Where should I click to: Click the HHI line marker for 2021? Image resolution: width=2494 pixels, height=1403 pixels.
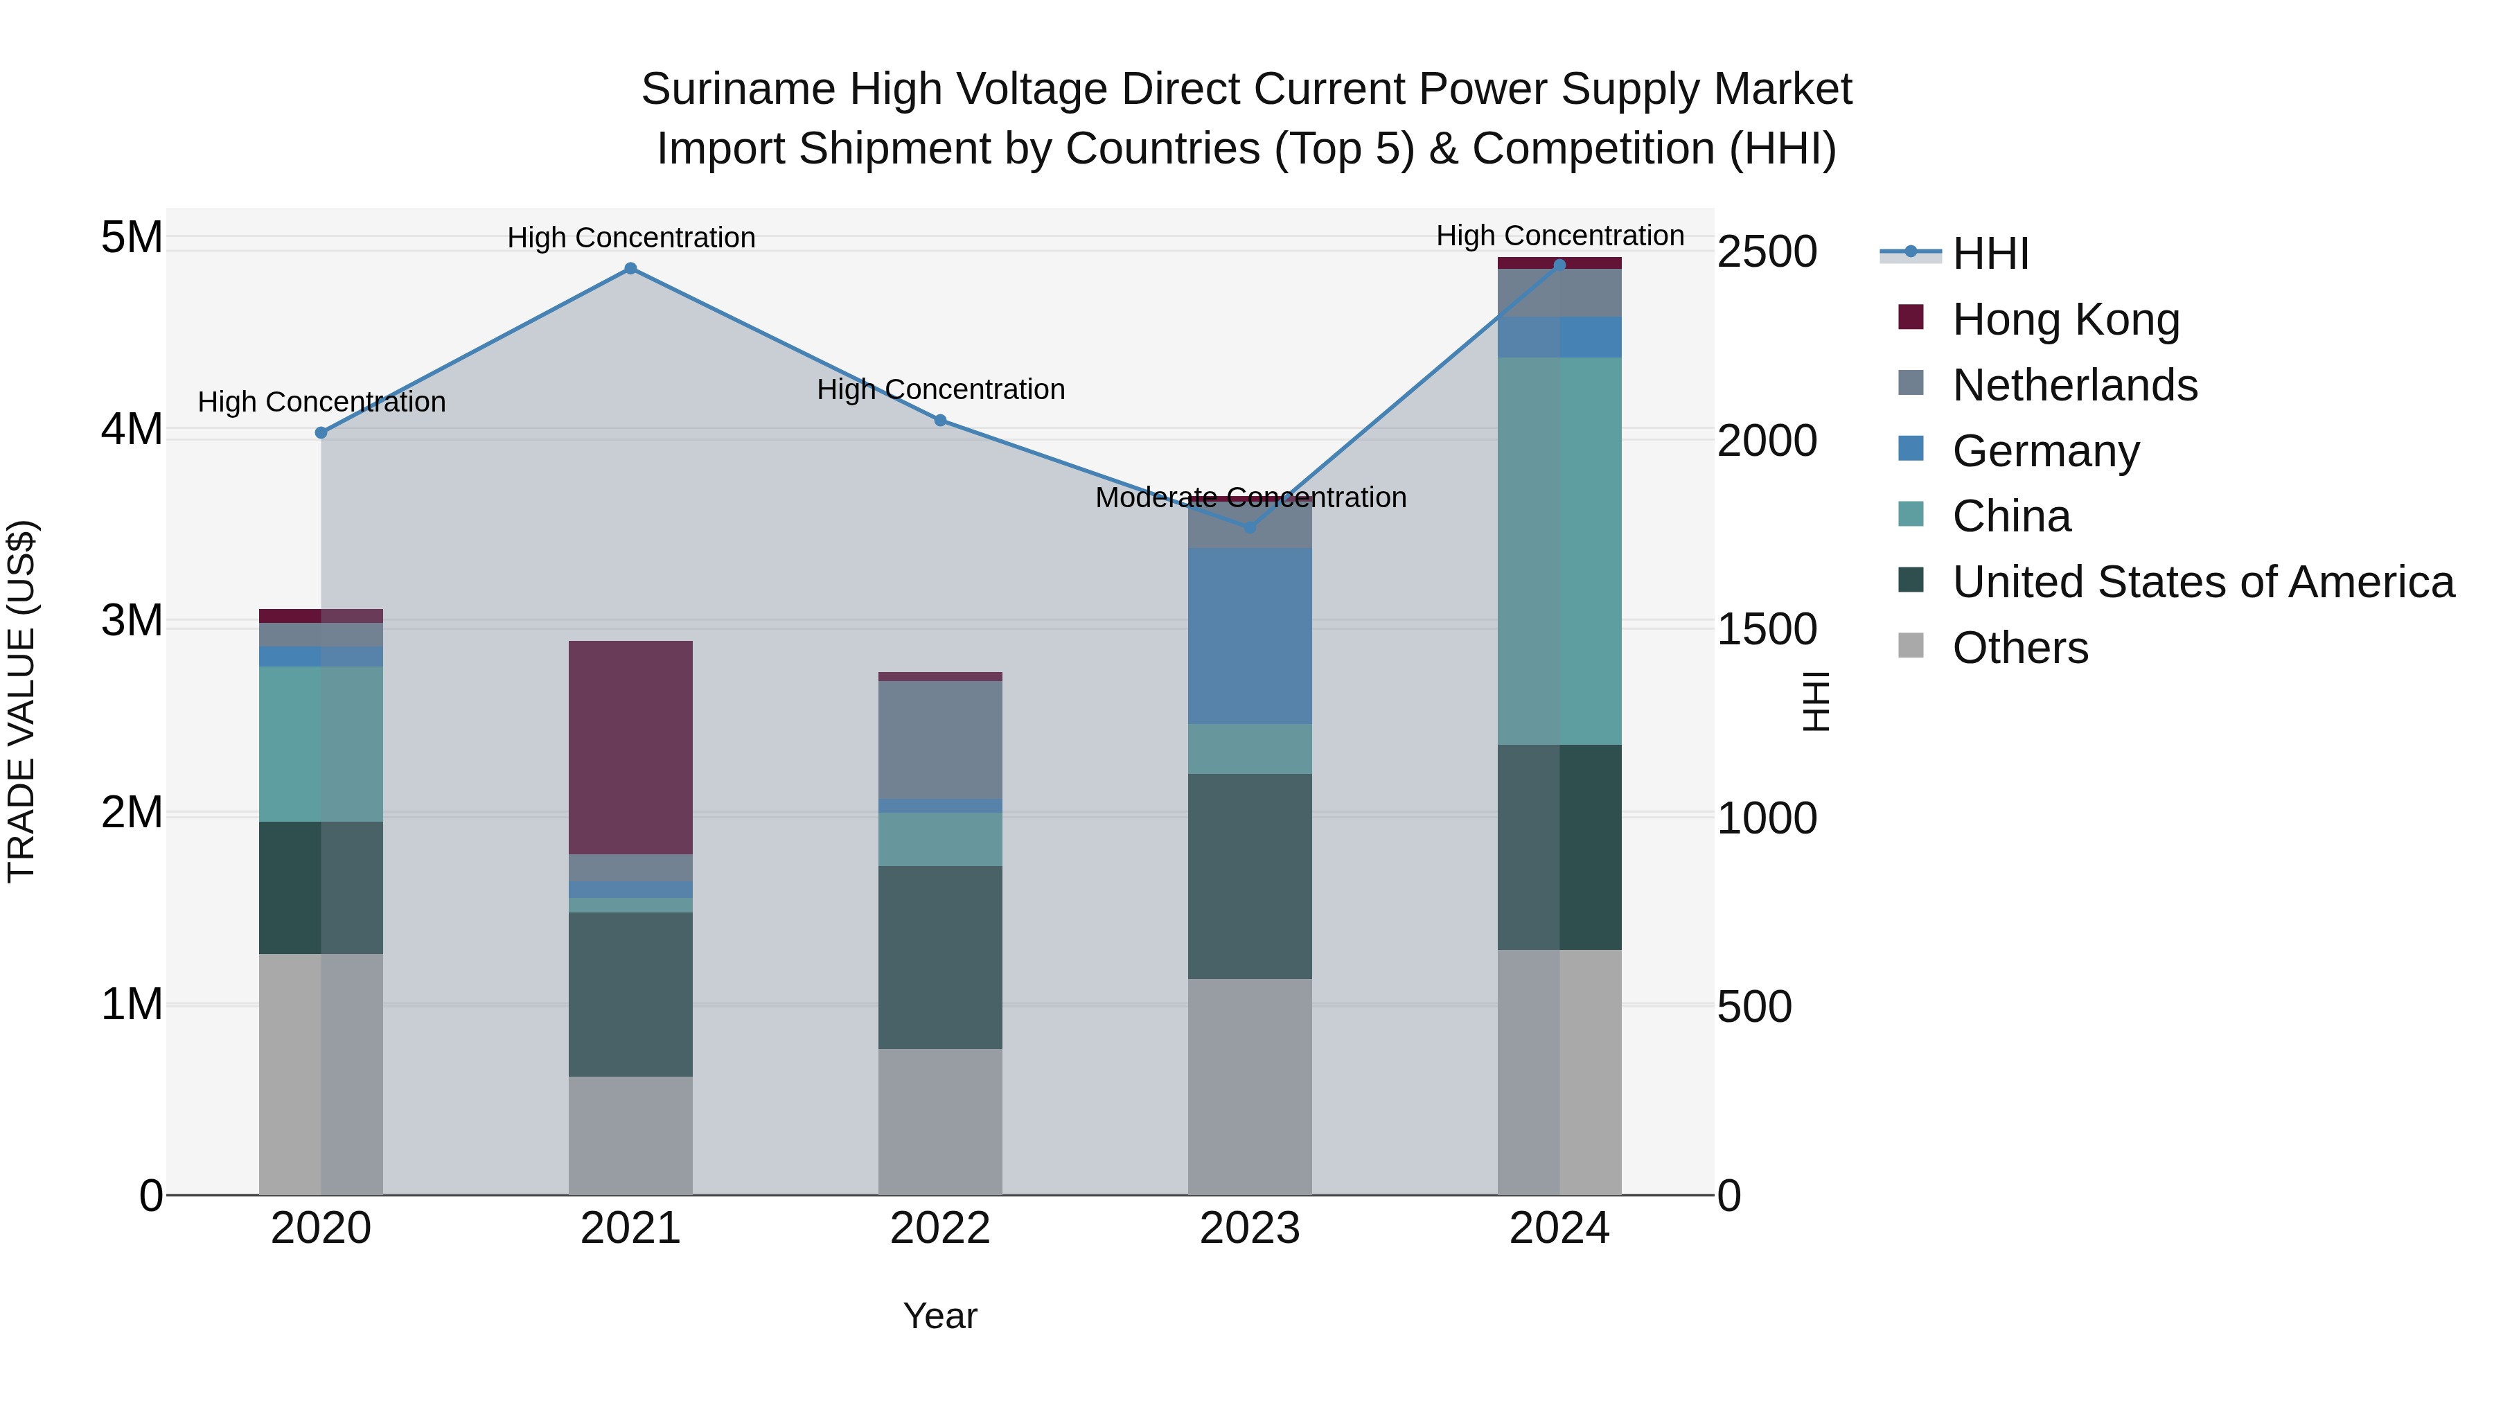630,268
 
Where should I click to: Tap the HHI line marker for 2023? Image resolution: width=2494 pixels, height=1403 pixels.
1249,527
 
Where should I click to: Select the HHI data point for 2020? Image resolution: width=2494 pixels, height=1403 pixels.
321,433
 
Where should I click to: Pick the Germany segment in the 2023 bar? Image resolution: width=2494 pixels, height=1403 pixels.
1249,635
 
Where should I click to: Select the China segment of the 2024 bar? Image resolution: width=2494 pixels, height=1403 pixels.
1559,550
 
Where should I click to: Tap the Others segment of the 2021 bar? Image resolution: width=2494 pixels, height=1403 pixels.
630,1135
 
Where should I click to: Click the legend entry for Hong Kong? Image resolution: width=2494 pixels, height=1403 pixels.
2065,319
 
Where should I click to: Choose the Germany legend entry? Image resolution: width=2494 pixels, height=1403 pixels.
2045,451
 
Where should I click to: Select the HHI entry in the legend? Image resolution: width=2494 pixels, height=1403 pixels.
1990,254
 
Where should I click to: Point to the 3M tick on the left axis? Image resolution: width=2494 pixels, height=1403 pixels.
132,621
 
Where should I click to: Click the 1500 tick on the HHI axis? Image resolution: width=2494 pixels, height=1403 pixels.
1766,629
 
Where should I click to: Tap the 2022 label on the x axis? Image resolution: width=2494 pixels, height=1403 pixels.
939,1228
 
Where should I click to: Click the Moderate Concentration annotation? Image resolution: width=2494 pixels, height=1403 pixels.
1250,497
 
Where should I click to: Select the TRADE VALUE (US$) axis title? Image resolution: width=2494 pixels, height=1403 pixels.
21,701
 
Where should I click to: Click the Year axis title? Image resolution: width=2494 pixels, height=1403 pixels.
939,1316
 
